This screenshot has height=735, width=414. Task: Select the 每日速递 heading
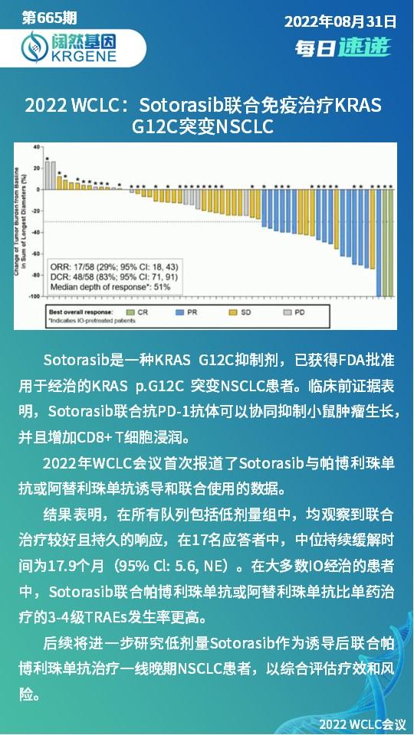[x=343, y=47]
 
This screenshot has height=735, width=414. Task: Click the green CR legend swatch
[x=132, y=312]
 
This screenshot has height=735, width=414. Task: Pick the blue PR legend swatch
[x=181, y=312]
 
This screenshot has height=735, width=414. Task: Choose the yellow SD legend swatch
[x=231, y=312]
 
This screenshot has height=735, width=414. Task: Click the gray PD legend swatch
[x=288, y=312]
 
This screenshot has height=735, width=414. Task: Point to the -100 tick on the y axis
[x=34, y=296]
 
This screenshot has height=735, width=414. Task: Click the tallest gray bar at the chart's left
[x=48, y=175]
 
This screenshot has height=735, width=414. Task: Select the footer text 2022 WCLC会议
[x=362, y=723]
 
